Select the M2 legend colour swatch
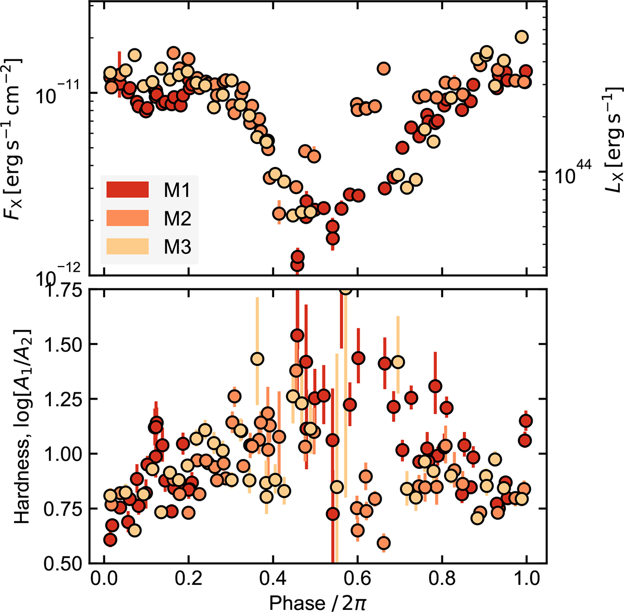click(127, 219)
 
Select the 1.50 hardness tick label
click(64, 345)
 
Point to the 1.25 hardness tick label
click(64, 399)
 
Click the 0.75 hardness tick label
click(64, 508)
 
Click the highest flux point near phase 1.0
click(522, 36)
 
